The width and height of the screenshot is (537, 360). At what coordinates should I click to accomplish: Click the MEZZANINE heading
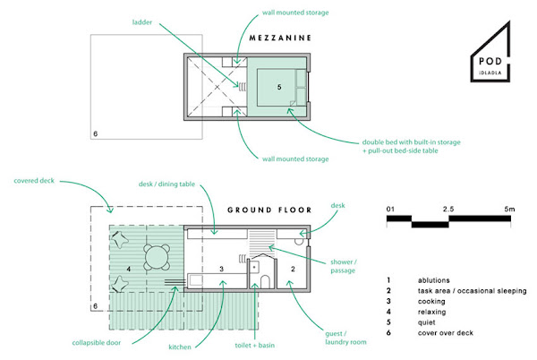pos(280,38)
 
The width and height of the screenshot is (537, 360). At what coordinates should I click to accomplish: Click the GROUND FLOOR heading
pos(269,210)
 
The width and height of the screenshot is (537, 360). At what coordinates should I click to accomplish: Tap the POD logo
pos(490,51)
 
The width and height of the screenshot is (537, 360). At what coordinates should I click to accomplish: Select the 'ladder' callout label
pos(142,22)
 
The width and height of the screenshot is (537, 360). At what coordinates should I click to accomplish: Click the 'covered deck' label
pos(34,181)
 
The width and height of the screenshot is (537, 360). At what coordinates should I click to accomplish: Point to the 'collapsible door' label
pos(97,342)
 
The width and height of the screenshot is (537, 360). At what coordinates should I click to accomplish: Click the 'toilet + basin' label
pos(255,346)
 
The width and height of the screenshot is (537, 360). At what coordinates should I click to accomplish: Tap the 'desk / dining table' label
pos(166,184)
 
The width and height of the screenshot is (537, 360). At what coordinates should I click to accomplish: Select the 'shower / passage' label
pos(344,266)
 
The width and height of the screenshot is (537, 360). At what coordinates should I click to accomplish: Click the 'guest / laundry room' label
pos(345,338)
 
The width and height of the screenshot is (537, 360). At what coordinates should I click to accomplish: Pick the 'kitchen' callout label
pos(180,347)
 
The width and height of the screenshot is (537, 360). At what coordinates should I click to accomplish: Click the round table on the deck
pos(157,257)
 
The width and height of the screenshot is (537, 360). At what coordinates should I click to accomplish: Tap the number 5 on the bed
pos(279,87)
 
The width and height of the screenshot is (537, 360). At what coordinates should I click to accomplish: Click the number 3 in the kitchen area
pos(222,269)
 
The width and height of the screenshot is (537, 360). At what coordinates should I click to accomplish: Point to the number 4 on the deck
pos(128,269)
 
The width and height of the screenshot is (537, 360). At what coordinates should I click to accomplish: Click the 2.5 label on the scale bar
pos(448,209)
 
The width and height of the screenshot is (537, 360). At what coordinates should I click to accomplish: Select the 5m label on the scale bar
pos(509,209)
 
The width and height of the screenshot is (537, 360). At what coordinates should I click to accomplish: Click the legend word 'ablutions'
pos(433,280)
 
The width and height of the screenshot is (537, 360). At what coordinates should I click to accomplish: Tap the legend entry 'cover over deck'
pos(446,333)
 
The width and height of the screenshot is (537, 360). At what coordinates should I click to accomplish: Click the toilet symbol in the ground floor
pos(266,281)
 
